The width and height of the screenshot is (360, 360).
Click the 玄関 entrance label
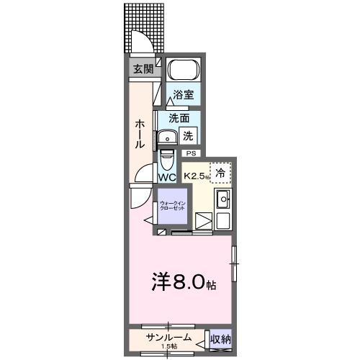[142, 69]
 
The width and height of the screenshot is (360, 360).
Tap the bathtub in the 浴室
[184, 71]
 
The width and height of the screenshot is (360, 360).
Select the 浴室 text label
[182, 94]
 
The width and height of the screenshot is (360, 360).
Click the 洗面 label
[179, 117]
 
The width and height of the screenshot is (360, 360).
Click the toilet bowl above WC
[167, 157]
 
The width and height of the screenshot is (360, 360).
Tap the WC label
[167, 177]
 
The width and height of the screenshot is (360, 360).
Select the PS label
[191, 153]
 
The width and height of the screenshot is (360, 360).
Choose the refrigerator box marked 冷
[221, 172]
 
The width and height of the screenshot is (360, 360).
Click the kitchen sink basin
[223, 199]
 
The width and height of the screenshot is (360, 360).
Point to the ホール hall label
[140, 134]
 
